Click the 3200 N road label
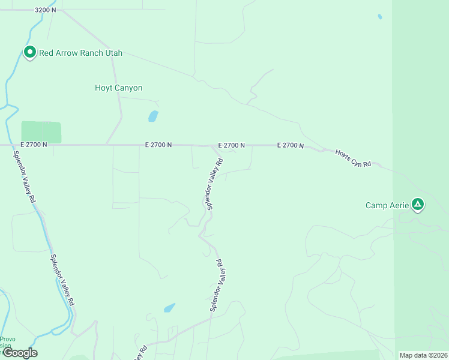[x=46, y=10]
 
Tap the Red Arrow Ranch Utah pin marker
[x=29, y=53]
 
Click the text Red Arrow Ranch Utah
[x=80, y=53]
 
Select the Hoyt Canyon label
[x=119, y=88]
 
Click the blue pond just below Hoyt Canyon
[x=153, y=116]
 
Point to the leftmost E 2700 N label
[x=33, y=145]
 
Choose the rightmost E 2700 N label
[x=291, y=145]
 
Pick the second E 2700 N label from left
[x=158, y=145]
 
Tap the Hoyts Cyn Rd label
[x=353, y=157]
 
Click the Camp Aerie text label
[x=387, y=205]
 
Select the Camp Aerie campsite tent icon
[x=418, y=205]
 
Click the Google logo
[x=20, y=353]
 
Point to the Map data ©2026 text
[x=422, y=355]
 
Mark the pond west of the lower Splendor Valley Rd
[x=170, y=308]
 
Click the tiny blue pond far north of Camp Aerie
[x=380, y=17]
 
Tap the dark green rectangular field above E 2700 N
[x=41, y=131]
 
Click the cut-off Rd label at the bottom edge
[x=140, y=353]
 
